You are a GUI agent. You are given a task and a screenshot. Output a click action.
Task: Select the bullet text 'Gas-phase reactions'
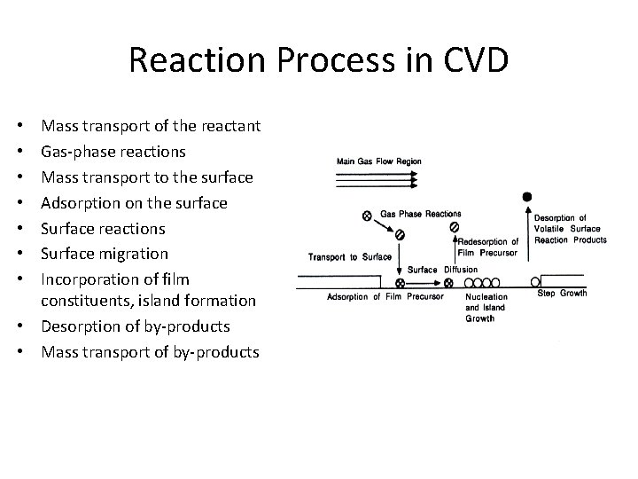click(113, 152)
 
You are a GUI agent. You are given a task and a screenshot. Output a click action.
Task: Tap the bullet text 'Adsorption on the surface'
click(134, 203)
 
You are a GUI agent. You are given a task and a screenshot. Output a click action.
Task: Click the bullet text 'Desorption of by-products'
click(136, 326)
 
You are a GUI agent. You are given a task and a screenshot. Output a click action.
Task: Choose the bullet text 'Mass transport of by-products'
click(151, 352)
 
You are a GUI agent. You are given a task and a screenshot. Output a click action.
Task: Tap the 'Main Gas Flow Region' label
click(378, 161)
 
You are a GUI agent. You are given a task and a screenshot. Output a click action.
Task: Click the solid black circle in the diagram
click(527, 196)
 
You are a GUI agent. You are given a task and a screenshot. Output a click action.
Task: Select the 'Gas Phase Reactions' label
click(420, 214)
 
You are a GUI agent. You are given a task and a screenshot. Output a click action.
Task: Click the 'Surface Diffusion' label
click(442, 270)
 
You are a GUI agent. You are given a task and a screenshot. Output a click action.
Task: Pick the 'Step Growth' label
click(562, 294)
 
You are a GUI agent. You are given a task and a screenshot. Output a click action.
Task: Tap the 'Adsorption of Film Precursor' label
click(385, 296)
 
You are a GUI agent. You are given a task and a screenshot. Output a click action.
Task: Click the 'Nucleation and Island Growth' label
click(486, 307)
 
